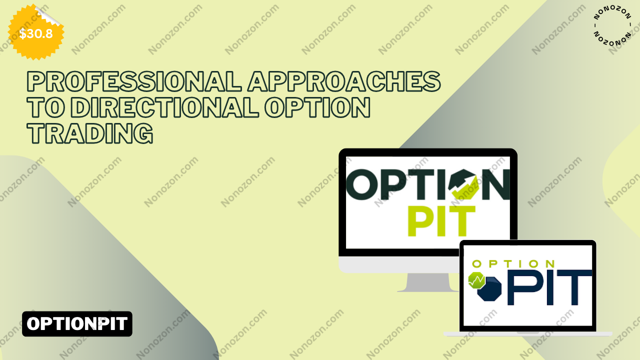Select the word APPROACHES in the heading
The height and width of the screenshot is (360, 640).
344,81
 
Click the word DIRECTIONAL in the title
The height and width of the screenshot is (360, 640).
164,107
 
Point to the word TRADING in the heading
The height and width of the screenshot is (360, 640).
90,133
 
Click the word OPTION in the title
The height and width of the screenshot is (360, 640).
317,107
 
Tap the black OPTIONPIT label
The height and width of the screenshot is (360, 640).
77,323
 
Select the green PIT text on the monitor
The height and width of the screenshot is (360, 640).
441,221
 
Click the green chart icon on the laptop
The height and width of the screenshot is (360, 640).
476,280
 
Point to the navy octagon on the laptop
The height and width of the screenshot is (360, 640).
489,288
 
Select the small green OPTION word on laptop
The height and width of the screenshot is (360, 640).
513,263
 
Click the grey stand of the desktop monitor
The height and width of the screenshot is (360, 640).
427,282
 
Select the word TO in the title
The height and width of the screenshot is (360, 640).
45,107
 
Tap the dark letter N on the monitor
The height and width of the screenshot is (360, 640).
495,184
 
